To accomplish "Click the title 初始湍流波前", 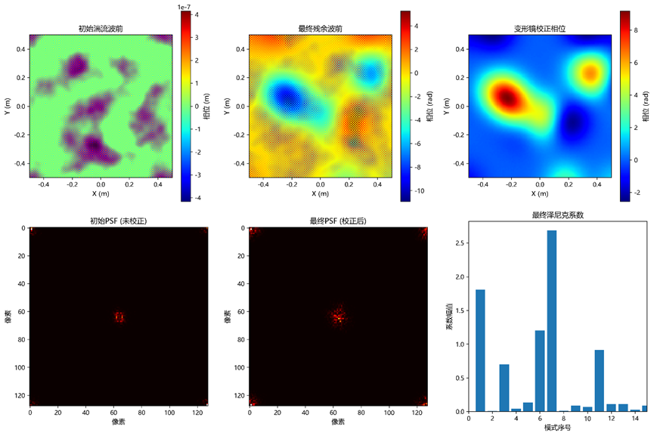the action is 101,29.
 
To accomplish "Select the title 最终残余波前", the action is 321,29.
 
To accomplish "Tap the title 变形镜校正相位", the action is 540,29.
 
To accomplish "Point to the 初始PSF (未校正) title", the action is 119,221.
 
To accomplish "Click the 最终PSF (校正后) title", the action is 338,221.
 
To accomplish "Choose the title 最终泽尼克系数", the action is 558,215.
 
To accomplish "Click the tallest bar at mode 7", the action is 551,321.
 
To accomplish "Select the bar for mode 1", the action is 480,351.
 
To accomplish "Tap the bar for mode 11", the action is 600,381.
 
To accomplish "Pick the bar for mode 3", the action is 504,388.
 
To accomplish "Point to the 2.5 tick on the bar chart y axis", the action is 460,243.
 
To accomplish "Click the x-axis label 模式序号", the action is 558,428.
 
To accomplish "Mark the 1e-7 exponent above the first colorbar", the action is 184,7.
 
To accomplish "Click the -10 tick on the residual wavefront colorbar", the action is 419,191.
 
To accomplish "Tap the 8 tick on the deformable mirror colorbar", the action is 636,30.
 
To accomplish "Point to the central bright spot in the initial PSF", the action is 119,317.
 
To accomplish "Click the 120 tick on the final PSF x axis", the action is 417,413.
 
